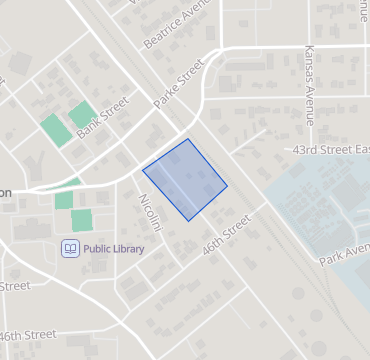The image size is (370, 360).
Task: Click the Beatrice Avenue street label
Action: [181, 23]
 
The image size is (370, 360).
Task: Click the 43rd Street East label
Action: [331, 149]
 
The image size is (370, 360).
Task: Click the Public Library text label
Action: [113, 248]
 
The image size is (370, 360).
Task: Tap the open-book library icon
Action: [71, 248]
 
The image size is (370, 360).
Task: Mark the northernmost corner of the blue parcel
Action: [188, 139]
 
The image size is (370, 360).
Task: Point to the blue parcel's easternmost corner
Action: [227, 185]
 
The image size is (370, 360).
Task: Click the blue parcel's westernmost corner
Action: [143, 170]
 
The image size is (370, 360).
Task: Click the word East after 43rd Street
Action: [359, 149]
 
